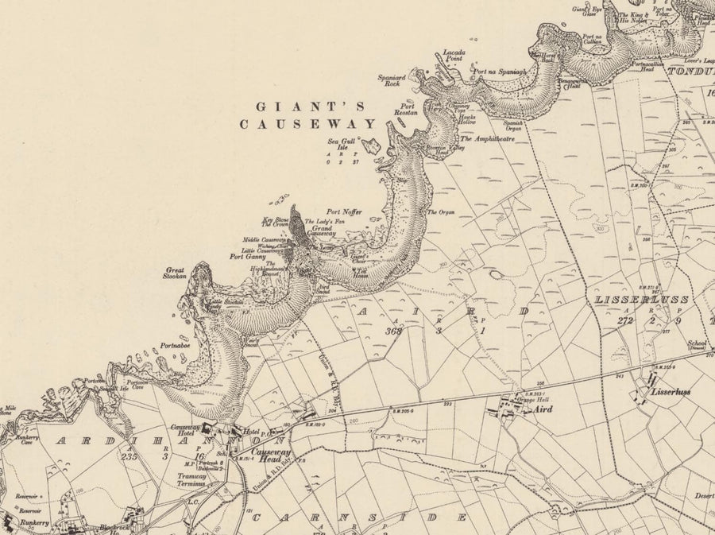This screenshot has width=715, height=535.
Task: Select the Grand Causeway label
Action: click(316, 232)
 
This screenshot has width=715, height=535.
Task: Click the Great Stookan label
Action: click(176, 273)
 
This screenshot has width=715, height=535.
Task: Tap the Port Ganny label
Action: click(247, 257)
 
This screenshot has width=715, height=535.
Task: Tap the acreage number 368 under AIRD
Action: click(392, 331)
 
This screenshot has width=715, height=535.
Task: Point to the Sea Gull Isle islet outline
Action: click(369, 145)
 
